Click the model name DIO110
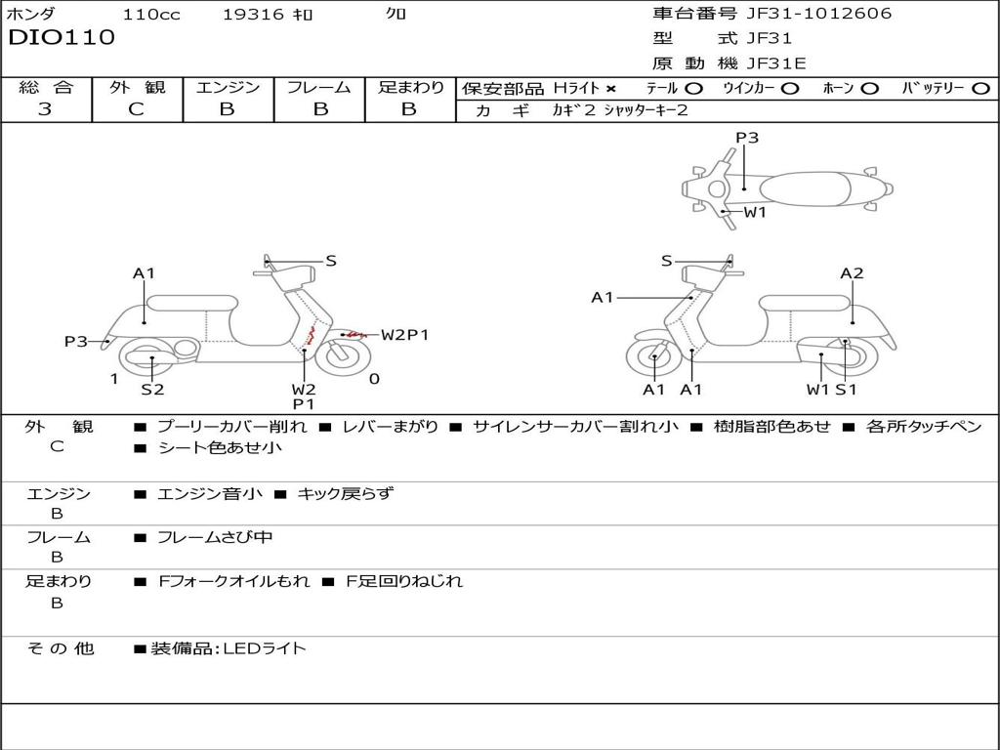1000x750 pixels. click(x=62, y=38)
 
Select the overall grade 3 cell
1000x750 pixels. click(x=45, y=109)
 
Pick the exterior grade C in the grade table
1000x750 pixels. click(x=136, y=109)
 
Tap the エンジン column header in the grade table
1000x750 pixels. click(x=228, y=87)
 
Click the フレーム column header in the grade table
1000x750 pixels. click(x=318, y=87)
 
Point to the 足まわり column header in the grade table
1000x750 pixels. click(x=410, y=87)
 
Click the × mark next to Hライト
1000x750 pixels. click(x=610, y=88)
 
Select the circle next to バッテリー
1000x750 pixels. click(x=979, y=88)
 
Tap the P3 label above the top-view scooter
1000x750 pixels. click(x=747, y=138)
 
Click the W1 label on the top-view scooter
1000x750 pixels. click(x=755, y=212)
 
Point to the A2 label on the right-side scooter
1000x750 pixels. click(x=852, y=273)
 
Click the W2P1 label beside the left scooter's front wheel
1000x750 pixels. click(x=404, y=335)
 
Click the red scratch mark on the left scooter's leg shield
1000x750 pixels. click(x=309, y=335)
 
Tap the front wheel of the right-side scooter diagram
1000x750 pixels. click(x=652, y=358)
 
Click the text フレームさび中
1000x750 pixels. click(x=214, y=537)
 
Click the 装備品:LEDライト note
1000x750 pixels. click(x=228, y=647)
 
